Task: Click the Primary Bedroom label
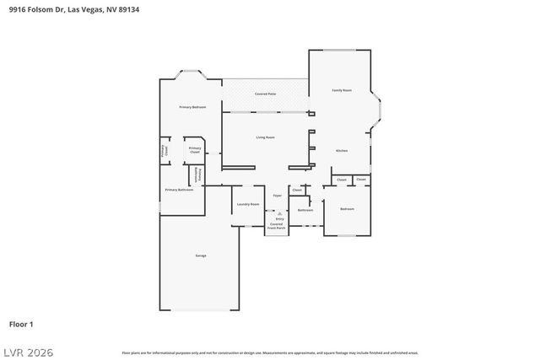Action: pos(192,107)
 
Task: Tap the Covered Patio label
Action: pos(265,94)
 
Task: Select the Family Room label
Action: pos(342,90)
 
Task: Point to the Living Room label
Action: pos(265,137)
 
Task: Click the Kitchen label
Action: pos(342,150)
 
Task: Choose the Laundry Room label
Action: pos(247,204)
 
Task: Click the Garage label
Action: pos(200,255)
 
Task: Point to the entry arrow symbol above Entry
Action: pos(278,213)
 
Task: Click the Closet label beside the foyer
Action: pos(297,191)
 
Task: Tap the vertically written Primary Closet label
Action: pos(165,151)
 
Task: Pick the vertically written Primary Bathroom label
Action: pos(197,174)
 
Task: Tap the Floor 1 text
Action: pos(21,324)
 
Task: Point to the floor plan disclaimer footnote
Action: pos(270,352)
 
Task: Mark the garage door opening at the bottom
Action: pos(200,310)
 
